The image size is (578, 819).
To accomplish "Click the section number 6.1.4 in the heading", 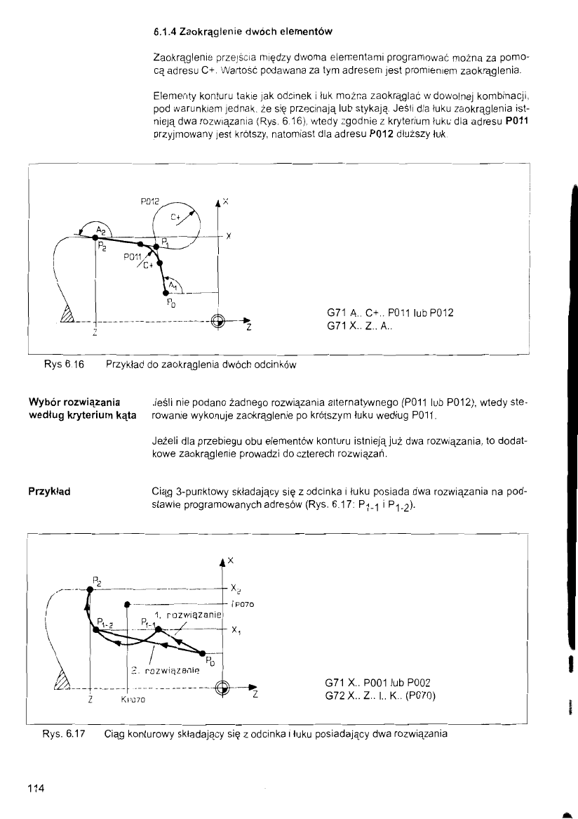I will tap(163, 32).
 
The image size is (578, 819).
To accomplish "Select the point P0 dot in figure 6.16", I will tap(166, 291).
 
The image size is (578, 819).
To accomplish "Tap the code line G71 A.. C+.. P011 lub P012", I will tap(390, 313).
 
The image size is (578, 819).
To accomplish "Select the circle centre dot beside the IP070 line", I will tap(126, 603).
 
